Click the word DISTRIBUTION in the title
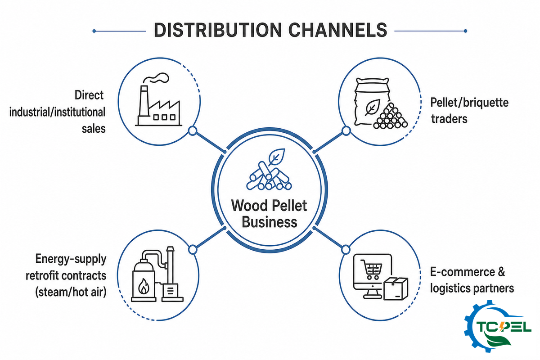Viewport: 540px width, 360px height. [x=218, y=30]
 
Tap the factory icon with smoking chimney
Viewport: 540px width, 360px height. [x=158, y=99]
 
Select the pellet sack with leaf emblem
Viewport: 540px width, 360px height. [x=373, y=102]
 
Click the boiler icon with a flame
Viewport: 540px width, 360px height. [x=157, y=274]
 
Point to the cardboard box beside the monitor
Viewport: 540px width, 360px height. [x=396, y=288]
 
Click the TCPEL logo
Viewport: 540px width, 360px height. [x=498, y=326]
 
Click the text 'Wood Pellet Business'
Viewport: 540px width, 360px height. [x=269, y=214]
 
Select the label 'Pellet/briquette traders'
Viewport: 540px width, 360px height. [x=469, y=111]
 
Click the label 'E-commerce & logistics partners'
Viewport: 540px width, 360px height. [x=472, y=280]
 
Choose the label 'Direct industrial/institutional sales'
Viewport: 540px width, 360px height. [x=58, y=112]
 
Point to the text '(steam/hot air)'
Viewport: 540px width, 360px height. [x=71, y=292]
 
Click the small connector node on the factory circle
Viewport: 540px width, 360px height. [x=193, y=131]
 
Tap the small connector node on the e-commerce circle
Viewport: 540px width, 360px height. [x=346, y=250]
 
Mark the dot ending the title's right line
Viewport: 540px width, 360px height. [x=465, y=31]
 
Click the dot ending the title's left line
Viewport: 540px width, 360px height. [x=94, y=31]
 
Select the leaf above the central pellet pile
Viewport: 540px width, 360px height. [x=277, y=157]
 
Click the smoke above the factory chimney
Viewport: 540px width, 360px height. [x=156, y=78]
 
